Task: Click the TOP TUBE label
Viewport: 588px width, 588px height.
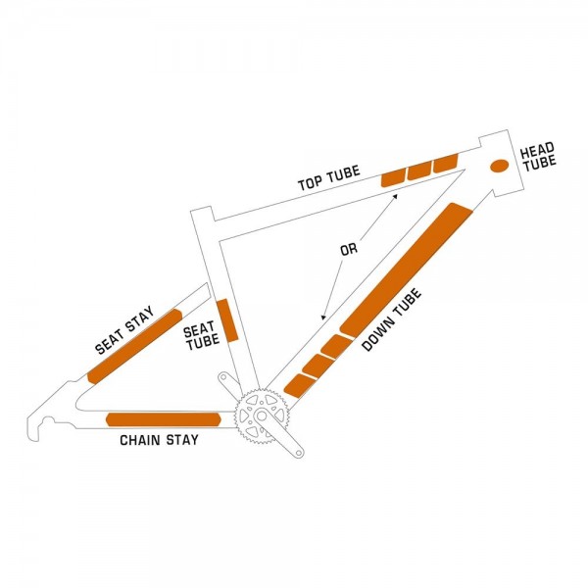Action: [x=329, y=177]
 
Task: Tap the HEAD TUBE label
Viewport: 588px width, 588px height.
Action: [x=538, y=157]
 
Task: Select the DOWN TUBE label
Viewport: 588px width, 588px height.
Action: [x=392, y=319]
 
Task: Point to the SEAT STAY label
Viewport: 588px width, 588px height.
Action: [x=124, y=330]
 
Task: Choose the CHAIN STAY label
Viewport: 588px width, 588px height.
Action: [x=159, y=440]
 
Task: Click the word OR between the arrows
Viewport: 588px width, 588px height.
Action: [x=349, y=249]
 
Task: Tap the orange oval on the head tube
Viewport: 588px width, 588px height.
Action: [x=500, y=166]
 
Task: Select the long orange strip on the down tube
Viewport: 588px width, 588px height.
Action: [x=406, y=268]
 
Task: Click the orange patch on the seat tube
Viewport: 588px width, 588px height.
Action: [x=227, y=320]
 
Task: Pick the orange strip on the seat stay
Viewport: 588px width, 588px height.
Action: [x=134, y=347]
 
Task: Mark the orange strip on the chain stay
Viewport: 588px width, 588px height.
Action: [x=163, y=419]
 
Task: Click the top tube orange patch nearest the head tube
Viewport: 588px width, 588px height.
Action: [x=446, y=163]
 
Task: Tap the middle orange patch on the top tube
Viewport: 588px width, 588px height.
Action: [x=420, y=170]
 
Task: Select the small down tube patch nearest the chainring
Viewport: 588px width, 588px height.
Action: [x=299, y=385]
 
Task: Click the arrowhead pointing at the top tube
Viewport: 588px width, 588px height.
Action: [x=395, y=197]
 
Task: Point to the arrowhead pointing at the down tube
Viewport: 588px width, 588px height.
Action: [x=322, y=318]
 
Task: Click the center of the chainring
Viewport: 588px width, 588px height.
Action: [x=262, y=416]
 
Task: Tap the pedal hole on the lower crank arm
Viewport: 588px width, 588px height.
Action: [x=299, y=453]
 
